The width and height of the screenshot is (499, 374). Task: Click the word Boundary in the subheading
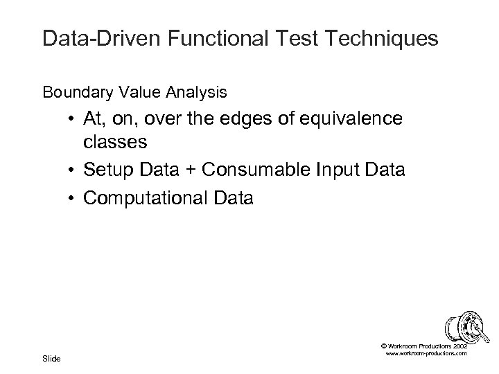click(x=69, y=91)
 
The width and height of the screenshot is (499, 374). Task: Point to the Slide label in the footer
click(x=51, y=358)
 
